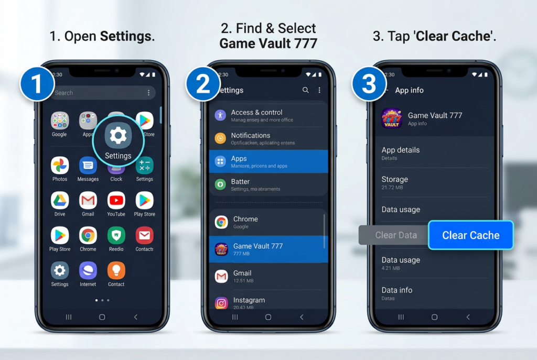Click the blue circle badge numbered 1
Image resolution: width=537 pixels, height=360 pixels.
[37, 84]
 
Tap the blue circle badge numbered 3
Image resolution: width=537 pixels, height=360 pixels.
[369, 84]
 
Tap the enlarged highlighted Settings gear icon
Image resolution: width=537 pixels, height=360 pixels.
[118, 136]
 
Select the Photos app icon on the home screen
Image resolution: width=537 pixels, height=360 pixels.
[60, 166]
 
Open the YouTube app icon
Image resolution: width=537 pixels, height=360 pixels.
[116, 201]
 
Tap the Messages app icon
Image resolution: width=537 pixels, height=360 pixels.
[88, 166]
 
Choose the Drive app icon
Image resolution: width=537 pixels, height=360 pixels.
[60, 201]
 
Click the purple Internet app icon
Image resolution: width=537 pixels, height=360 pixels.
[88, 271]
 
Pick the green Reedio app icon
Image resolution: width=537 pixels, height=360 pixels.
[116, 236]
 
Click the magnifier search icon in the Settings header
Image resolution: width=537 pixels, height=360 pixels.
[306, 90]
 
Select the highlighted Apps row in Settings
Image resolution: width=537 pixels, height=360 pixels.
[268, 161]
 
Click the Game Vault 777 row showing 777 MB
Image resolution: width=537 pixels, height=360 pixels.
[268, 249]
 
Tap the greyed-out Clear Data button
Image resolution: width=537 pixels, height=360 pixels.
[395, 235]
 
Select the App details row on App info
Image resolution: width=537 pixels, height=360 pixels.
[400, 152]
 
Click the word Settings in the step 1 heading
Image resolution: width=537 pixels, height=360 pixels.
[126, 37]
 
